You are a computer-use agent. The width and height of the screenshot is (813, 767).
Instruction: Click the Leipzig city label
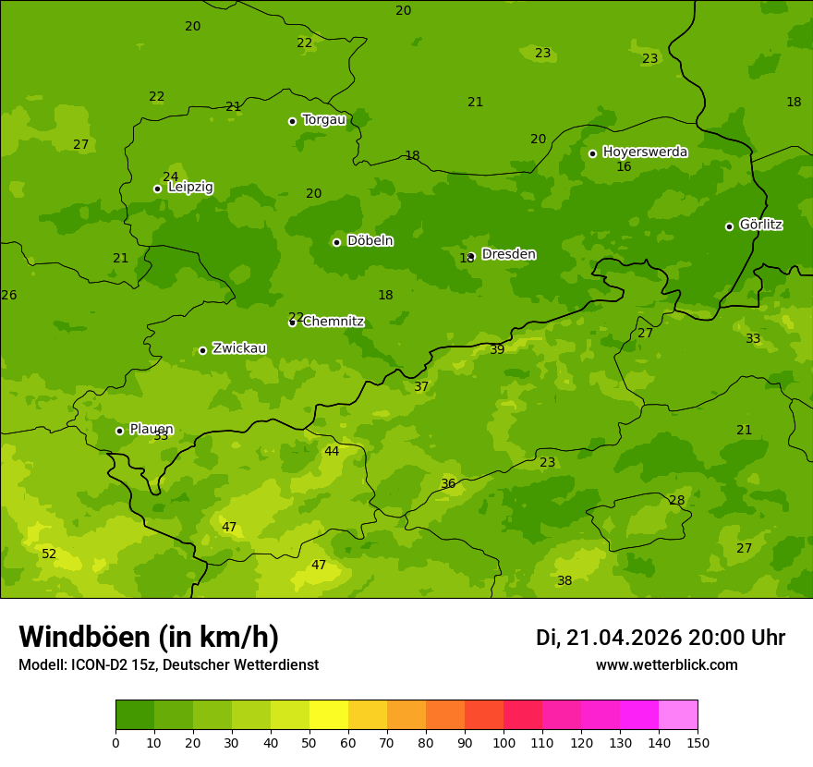[x=190, y=188]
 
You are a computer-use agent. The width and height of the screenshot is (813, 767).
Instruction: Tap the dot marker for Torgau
[x=292, y=121]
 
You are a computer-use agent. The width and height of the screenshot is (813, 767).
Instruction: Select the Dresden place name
[x=508, y=254]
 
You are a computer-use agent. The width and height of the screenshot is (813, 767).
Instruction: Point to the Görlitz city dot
[x=729, y=226]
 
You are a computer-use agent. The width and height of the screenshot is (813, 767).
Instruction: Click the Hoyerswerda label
[x=645, y=152]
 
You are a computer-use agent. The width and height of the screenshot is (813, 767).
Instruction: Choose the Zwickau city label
[x=239, y=348]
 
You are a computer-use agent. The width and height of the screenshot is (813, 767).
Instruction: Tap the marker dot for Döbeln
[x=336, y=242]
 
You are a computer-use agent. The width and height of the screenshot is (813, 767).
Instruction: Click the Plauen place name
[x=152, y=429]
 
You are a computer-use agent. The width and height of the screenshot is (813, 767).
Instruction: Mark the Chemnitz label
[x=334, y=322]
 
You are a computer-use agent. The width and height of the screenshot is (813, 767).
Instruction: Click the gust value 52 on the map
[x=49, y=554]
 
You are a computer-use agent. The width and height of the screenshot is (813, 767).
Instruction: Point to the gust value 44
[x=332, y=452]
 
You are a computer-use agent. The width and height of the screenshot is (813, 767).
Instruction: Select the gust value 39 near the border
[x=497, y=349]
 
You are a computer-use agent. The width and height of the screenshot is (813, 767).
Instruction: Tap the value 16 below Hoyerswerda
[x=624, y=167]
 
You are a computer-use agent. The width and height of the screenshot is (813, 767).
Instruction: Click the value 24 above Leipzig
[x=171, y=177]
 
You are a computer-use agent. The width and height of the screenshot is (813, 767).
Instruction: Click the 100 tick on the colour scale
[x=504, y=742]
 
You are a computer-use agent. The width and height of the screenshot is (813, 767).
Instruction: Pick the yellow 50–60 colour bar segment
[x=329, y=715]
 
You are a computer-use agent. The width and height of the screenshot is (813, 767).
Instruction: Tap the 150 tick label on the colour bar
[x=698, y=742]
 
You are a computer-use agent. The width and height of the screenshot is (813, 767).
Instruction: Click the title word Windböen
[x=85, y=637]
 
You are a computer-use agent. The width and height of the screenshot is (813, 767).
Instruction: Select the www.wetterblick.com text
[x=666, y=665]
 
